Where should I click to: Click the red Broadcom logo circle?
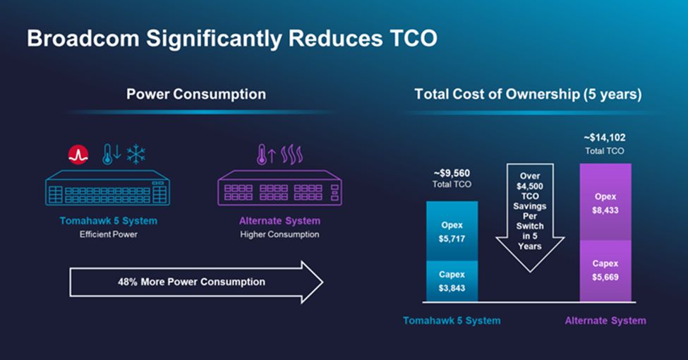[x=78, y=155]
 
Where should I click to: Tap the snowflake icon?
[x=136, y=154]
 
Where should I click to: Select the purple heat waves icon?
[x=292, y=155]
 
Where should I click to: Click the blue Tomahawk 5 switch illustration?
[x=107, y=188]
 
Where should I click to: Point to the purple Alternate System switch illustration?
[x=280, y=188]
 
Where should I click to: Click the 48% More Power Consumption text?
[x=191, y=282]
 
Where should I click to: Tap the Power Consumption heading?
[x=196, y=94]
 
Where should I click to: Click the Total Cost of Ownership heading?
[x=528, y=94]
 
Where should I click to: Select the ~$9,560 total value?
[x=452, y=173]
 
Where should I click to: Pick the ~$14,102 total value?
[x=604, y=138]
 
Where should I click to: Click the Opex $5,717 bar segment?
[x=452, y=231]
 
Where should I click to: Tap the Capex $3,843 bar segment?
[x=452, y=281]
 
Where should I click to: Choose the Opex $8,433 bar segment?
[x=605, y=202]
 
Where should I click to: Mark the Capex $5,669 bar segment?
[x=605, y=271]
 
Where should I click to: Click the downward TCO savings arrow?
[x=530, y=217]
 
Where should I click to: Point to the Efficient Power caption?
[x=109, y=234]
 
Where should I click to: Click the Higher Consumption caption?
[x=279, y=234]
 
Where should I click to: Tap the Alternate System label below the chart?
[x=605, y=320]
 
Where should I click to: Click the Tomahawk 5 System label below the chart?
[x=452, y=320]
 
